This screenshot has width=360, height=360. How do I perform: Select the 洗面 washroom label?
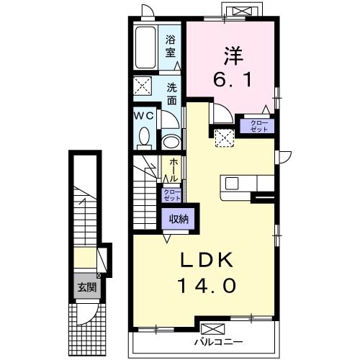click(x=173, y=94)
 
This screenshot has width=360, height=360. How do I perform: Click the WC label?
click(x=143, y=115)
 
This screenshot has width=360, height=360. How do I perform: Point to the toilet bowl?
click(x=144, y=135)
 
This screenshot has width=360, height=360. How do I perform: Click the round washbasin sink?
click(x=172, y=140)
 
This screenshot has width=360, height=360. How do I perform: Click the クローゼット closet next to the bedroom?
click(x=257, y=126)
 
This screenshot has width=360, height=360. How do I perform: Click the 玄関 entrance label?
click(x=87, y=287)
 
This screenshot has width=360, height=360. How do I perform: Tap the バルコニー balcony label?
click(x=218, y=342)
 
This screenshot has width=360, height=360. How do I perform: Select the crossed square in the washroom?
click(x=143, y=86)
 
